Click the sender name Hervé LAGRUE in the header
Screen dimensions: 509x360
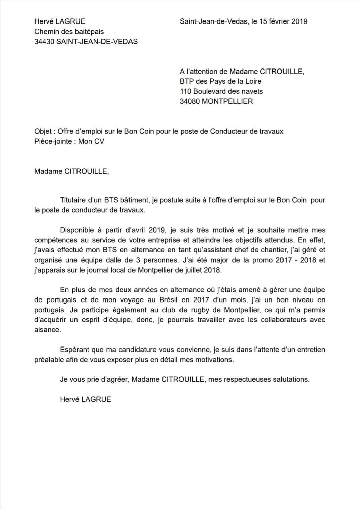[x=60, y=21]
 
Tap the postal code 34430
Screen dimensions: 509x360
[x=44, y=42]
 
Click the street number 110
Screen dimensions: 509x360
[x=185, y=91]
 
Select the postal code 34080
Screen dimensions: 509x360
[x=190, y=101]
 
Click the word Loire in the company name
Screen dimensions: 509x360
[x=252, y=81]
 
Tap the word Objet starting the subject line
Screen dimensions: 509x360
[x=43, y=131]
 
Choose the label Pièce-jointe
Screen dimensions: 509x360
[x=53, y=141]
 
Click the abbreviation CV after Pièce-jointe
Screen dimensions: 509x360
[x=99, y=141]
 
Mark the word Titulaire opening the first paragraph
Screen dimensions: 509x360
[x=73, y=200]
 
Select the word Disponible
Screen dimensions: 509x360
[x=77, y=230]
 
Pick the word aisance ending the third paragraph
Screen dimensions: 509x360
[x=47, y=330]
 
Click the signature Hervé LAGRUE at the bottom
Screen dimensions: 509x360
[x=86, y=400]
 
